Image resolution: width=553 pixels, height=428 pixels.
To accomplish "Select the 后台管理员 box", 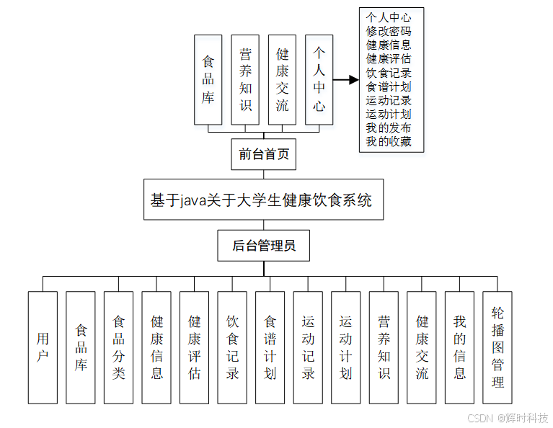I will coord(264,246).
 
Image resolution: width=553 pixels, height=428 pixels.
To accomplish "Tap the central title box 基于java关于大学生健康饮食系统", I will coord(262,200).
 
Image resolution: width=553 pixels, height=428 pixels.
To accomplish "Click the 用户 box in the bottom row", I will coord(43,347).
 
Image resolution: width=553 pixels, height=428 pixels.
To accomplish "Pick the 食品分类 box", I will coord(118,347).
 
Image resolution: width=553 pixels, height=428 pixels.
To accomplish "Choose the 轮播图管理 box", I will coord(497,347).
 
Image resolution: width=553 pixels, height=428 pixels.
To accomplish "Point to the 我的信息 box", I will coord(459,347).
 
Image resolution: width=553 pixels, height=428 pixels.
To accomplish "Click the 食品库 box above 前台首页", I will coord(208,80).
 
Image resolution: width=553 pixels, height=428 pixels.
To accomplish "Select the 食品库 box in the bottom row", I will coord(81,347).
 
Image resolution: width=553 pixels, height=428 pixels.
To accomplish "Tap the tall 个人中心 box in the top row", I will coord(319,80).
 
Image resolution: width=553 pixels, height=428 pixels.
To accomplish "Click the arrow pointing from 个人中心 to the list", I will coord(346,80).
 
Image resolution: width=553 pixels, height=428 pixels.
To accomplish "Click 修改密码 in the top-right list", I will coord(389,32).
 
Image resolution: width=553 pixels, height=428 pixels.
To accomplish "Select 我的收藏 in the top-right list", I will coord(389,142).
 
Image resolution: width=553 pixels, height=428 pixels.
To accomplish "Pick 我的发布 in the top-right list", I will coord(389,128).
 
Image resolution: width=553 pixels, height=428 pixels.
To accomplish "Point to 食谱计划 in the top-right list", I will coord(389,86).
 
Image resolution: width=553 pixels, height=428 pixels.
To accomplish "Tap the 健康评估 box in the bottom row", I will coord(194,347).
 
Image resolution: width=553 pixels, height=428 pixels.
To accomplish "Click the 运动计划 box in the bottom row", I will coord(345,347).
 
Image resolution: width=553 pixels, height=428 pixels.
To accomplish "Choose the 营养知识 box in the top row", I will coord(245,80).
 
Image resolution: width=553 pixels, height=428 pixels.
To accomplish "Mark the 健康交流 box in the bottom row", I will coord(422,347).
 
